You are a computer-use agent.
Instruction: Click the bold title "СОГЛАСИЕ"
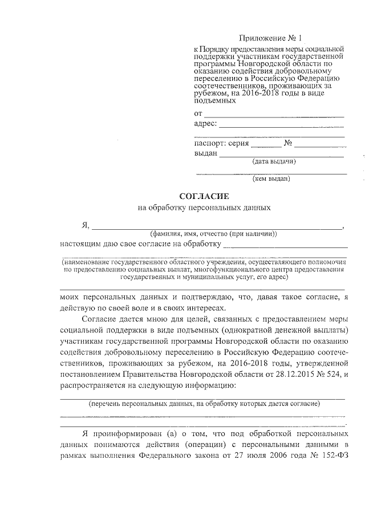pyautogui.click(x=204, y=196)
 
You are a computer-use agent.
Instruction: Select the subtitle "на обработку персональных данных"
pyautogui.click(x=204, y=208)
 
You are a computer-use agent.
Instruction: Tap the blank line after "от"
pyautogui.click(x=274, y=116)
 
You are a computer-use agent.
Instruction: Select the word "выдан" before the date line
pyautogui.click(x=205, y=153)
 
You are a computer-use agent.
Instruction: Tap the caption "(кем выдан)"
pyautogui.click(x=271, y=178)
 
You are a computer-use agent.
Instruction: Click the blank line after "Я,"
pyautogui.click(x=217, y=226)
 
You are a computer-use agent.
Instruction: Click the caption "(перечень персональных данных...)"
pyautogui.click(x=204, y=403)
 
